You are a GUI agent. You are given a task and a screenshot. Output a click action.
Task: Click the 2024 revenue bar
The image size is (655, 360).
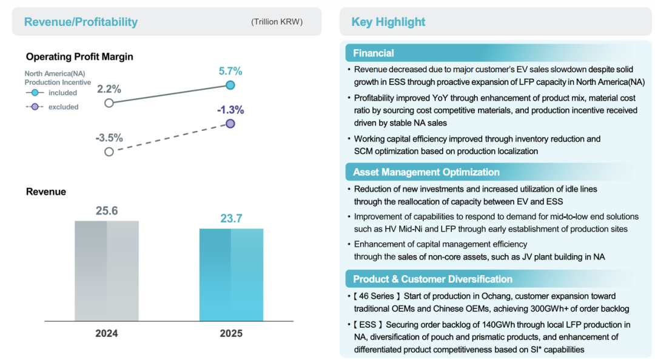(x=107, y=270)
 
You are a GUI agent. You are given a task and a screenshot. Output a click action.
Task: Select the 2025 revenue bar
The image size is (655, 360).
(x=231, y=274)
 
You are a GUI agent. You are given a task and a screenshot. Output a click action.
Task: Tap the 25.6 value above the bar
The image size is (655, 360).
(x=107, y=211)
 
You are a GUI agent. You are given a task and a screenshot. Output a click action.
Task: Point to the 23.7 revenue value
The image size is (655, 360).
(x=231, y=219)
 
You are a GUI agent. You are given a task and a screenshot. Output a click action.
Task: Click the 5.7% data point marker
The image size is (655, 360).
(x=230, y=85)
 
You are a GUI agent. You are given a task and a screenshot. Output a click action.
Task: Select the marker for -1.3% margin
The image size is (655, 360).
(x=230, y=124)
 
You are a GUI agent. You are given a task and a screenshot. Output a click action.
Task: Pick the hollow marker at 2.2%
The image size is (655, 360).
(x=109, y=103)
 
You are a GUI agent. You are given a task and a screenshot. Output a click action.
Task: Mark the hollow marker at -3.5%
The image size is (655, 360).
(x=109, y=152)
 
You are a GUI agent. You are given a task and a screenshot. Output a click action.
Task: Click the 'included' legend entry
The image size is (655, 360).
(x=62, y=93)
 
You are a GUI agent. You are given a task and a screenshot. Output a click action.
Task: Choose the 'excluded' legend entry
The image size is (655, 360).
(x=63, y=107)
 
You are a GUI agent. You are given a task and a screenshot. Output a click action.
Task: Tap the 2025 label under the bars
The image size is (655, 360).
(x=231, y=333)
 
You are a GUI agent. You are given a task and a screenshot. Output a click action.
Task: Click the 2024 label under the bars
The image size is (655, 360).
(x=107, y=333)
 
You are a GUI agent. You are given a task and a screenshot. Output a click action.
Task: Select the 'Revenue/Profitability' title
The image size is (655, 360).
(x=81, y=22)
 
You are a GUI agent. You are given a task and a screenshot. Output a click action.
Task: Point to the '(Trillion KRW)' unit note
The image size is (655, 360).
(x=277, y=22)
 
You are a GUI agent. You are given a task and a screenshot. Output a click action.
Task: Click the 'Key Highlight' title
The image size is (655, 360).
(x=388, y=22)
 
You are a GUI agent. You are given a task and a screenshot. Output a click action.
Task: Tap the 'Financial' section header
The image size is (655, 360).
(x=374, y=53)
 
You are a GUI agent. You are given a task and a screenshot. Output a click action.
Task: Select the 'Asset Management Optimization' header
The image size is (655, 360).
(x=426, y=172)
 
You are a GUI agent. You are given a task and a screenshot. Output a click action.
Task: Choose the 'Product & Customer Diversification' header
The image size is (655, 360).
(x=433, y=279)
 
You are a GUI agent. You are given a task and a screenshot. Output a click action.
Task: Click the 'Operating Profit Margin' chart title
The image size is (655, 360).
(x=79, y=56)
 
